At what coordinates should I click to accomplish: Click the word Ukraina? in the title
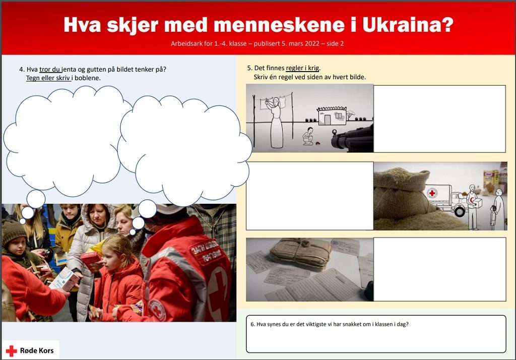[x=408, y=25]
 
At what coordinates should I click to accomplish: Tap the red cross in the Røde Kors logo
[x=12, y=351]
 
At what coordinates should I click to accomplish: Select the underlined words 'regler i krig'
[x=302, y=68]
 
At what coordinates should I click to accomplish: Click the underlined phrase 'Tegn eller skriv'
[x=48, y=78]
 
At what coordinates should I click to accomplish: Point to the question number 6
[x=253, y=324]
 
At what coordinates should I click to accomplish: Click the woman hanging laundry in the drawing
[x=276, y=123]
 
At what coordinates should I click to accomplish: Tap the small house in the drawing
[x=332, y=116]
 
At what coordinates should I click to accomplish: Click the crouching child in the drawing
[x=308, y=136]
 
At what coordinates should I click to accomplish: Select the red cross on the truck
[x=432, y=193]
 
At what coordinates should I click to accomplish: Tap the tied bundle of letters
[x=300, y=252]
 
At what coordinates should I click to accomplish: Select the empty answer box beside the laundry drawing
[x=439, y=119]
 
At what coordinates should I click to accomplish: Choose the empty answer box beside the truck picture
[x=310, y=196]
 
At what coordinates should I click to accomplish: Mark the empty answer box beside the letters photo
[x=439, y=269]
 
